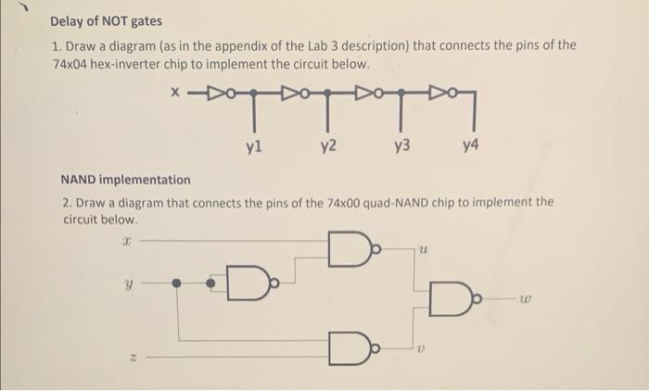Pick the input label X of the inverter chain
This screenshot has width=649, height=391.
[174, 92]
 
